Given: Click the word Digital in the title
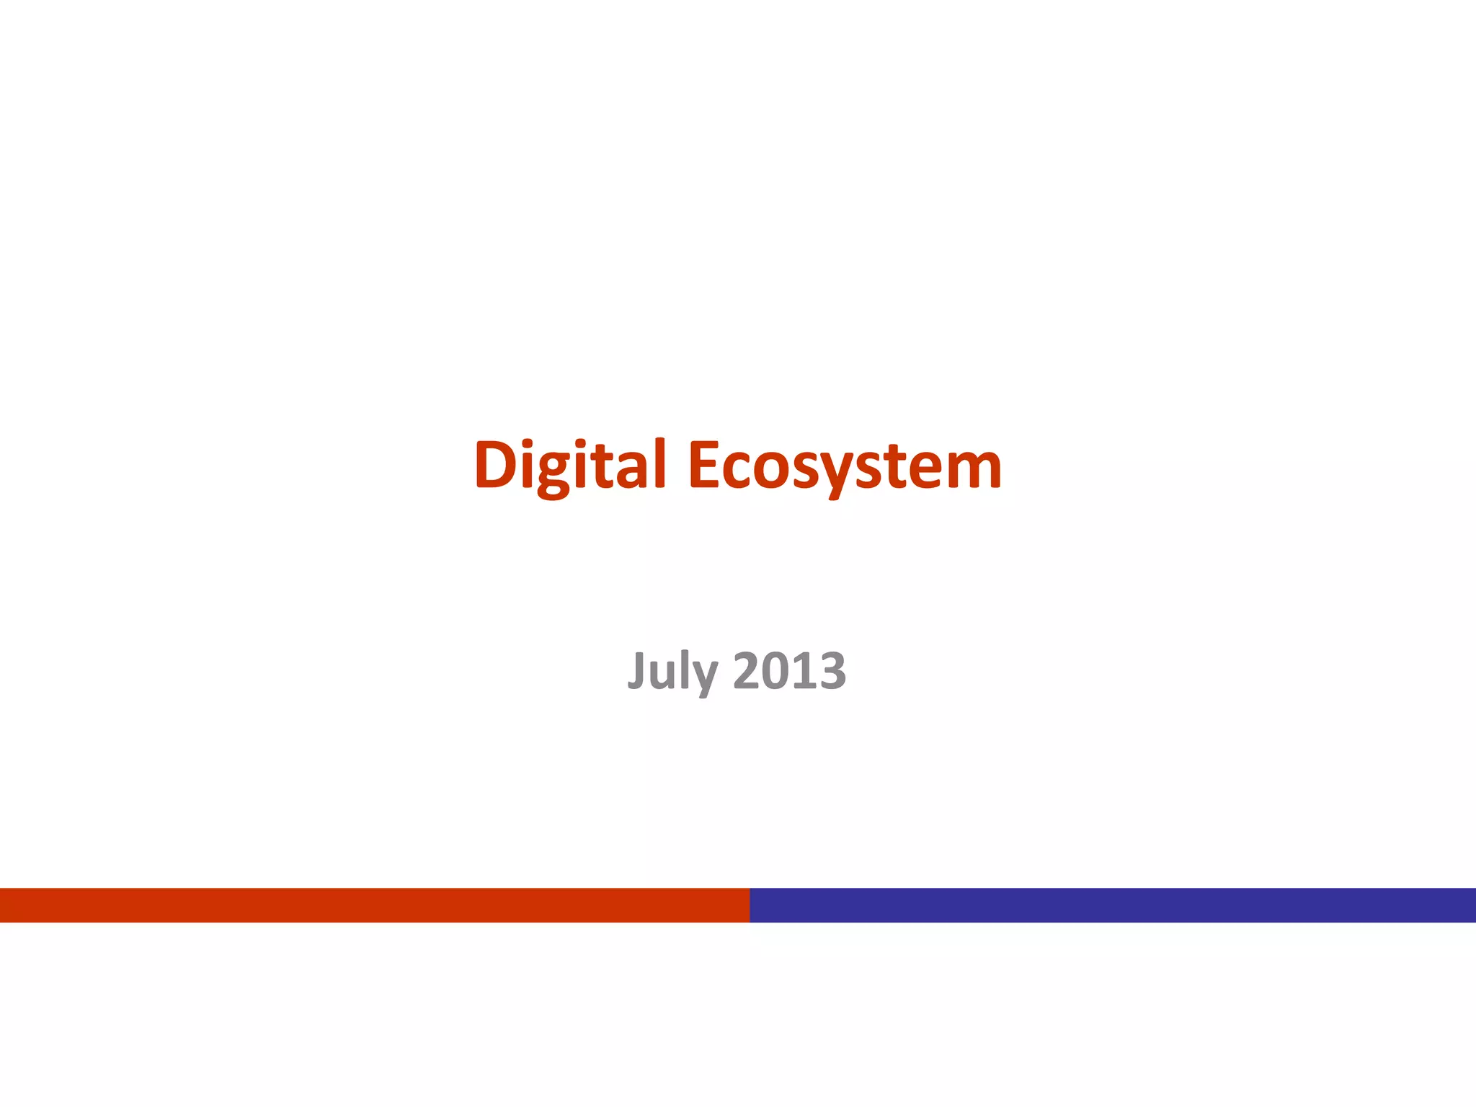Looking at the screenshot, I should [x=569, y=465].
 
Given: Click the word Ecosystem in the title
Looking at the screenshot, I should [x=845, y=465].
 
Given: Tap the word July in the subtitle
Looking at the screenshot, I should [x=672, y=670].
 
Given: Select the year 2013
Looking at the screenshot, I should [x=789, y=670].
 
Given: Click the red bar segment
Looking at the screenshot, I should [x=375, y=904].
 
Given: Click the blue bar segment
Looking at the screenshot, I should [x=1113, y=904].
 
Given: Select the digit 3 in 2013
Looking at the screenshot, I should [x=832, y=671].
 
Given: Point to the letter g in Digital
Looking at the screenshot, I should [x=553, y=472].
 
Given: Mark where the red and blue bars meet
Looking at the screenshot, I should [x=750, y=904].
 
